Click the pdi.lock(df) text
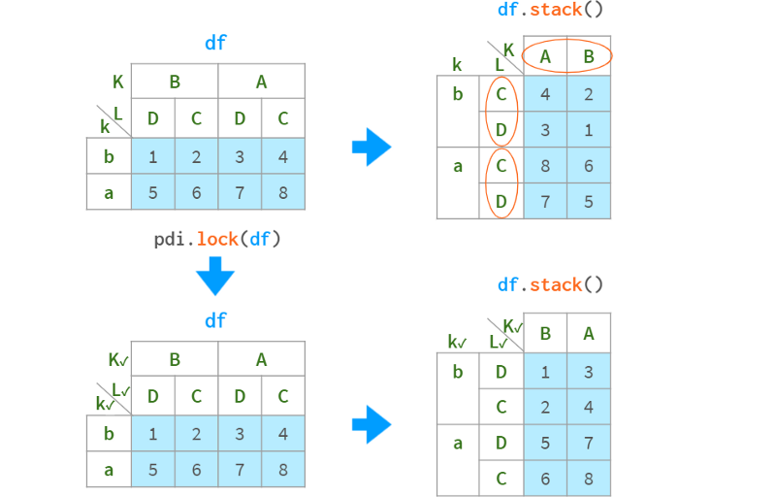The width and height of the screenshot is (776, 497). coord(216,239)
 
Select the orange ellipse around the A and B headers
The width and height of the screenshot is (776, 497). coord(566,56)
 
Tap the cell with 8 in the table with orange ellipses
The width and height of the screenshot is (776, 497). coord(545,166)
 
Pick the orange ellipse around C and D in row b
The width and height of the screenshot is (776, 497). coord(501,113)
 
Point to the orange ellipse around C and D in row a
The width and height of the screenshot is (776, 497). coord(501,183)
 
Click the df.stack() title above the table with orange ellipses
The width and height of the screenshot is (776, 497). coord(551,11)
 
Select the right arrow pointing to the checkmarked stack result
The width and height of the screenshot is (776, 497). coord(372,424)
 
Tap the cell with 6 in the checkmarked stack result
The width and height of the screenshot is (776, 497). coord(545,479)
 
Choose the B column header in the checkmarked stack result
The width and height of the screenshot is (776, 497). coord(545,334)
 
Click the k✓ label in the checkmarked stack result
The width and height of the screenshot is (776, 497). coord(456,342)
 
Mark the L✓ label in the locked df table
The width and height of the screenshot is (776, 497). coord(121,390)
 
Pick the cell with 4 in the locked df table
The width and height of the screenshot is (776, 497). coord(283,434)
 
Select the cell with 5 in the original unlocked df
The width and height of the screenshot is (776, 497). coord(152,192)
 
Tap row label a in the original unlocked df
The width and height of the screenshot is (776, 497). coord(109,192)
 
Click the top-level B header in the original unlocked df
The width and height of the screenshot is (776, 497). coord(175,83)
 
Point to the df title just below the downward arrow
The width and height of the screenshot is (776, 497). coord(215,320)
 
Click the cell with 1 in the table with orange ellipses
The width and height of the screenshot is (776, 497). coord(589,130)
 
